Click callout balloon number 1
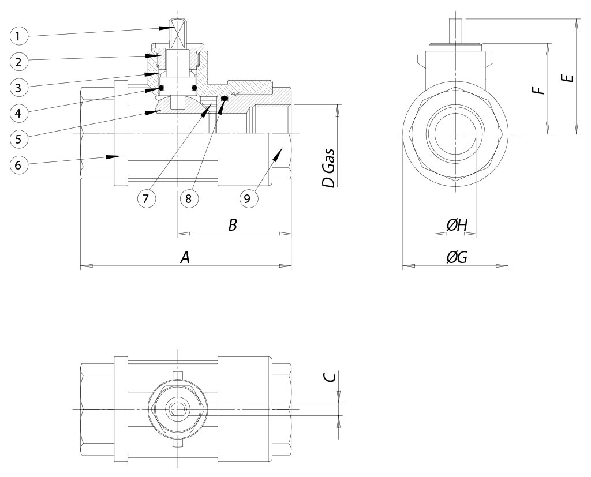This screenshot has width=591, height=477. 19,36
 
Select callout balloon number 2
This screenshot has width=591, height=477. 19,61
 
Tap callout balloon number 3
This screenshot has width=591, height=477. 19,88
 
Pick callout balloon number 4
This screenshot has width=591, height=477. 19,112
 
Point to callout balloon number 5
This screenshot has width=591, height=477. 19,138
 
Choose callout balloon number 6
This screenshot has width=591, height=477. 19,164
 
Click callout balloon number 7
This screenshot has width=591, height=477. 147,198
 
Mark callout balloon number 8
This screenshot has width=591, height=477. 189,198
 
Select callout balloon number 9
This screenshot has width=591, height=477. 247,198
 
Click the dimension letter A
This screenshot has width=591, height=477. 185,257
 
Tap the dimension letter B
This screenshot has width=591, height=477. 233,225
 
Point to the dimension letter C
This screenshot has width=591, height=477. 330,377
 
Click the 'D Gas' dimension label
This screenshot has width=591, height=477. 328,168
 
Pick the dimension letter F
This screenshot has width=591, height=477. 540,90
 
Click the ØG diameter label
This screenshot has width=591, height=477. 457,257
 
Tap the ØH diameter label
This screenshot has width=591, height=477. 457,225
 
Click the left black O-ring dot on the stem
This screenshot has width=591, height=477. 162,88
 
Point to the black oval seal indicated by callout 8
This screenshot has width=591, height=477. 225,98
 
